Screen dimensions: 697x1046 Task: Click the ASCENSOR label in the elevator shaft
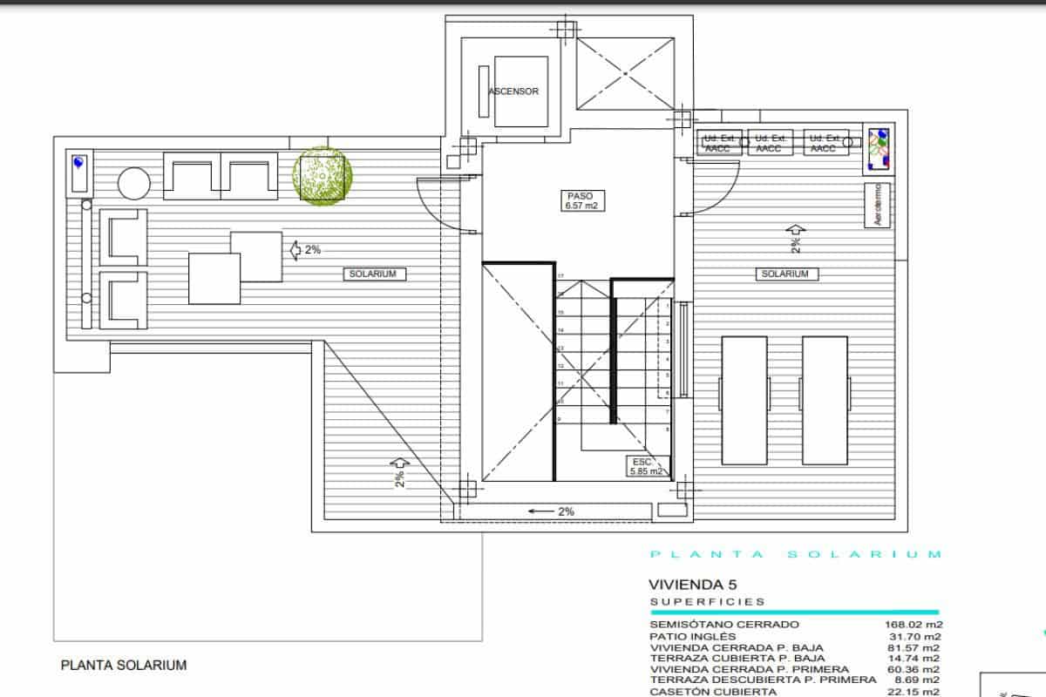[x=513, y=91]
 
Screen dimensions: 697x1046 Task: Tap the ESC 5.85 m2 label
[x=645, y=466]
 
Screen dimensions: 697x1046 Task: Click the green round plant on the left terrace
[x=323, y=175]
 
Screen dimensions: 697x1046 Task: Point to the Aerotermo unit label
[x=878, y=205]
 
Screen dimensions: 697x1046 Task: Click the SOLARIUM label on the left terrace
[x=374, y=274]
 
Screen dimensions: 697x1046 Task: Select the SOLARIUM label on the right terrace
[x=784, y=274]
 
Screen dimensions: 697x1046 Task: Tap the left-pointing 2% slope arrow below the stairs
[x=553, y=511]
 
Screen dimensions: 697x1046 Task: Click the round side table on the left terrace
[x=133, y=184]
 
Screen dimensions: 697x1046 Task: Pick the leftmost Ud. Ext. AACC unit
[x=721, y=144]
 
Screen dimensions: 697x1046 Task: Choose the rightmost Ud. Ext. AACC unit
[x=825, y=144]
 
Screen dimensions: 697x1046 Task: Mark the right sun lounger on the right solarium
[x=824, y=400]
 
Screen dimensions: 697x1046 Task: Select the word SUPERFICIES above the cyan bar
[x=708, y=601]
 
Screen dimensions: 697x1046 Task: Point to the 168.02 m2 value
[x=914, y=624]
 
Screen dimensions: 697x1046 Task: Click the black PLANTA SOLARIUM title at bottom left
[x=123, y=665]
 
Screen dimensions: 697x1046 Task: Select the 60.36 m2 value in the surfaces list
[x=914, y=669]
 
